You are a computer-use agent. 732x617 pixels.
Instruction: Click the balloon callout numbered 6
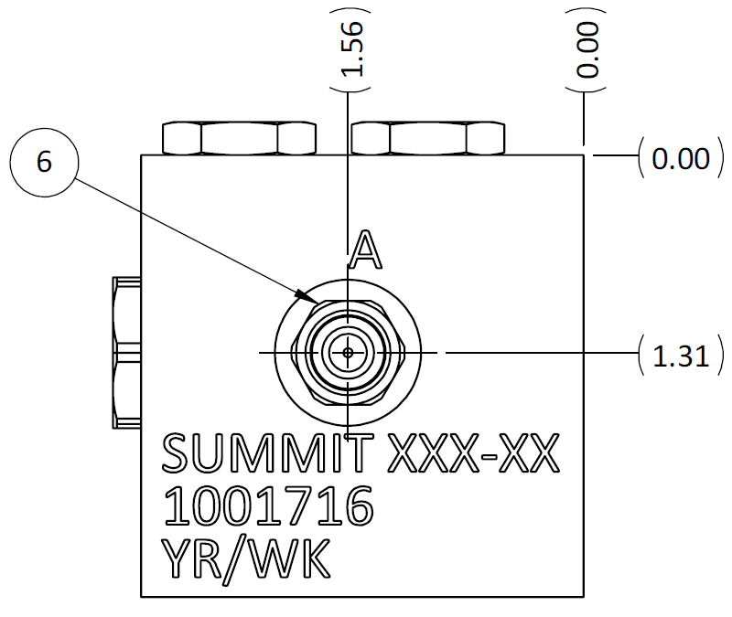(43, 162)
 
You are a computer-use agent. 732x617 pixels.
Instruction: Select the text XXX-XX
(473, 454)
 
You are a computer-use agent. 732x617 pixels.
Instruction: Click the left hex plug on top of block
(239, 138)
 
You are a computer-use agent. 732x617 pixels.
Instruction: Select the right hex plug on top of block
(428, 138)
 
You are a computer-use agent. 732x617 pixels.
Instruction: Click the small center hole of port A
(348, 352)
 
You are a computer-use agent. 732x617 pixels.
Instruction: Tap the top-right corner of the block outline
(583, 154)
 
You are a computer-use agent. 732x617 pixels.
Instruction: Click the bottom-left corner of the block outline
(141, 596)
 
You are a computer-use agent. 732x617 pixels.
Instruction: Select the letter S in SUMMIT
(177, 454)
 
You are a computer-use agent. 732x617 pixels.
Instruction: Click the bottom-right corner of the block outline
(583, 596)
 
